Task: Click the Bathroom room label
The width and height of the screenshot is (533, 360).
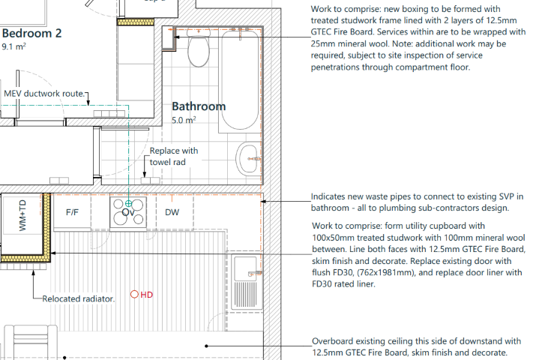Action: tap(199, 106)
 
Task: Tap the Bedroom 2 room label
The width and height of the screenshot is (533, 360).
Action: tap(31, 34)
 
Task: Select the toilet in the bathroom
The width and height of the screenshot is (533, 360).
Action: tap(199, 51)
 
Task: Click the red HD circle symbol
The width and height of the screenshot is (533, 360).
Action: tap(135, 295)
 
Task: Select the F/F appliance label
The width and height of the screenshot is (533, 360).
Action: tap(72, 212)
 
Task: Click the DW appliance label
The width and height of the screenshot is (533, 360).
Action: tap(172, 212)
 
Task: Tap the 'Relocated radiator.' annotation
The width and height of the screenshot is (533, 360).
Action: tap(78, 298)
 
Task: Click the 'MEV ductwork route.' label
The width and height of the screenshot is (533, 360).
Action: tap(45, 94)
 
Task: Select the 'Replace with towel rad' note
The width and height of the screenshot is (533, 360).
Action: tap(173, 156)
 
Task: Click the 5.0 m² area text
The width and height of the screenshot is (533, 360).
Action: tap(184, 120)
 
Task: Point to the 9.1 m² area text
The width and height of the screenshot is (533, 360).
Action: tap(14, 46)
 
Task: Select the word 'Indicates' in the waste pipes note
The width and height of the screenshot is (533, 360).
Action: tap(331, 196)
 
